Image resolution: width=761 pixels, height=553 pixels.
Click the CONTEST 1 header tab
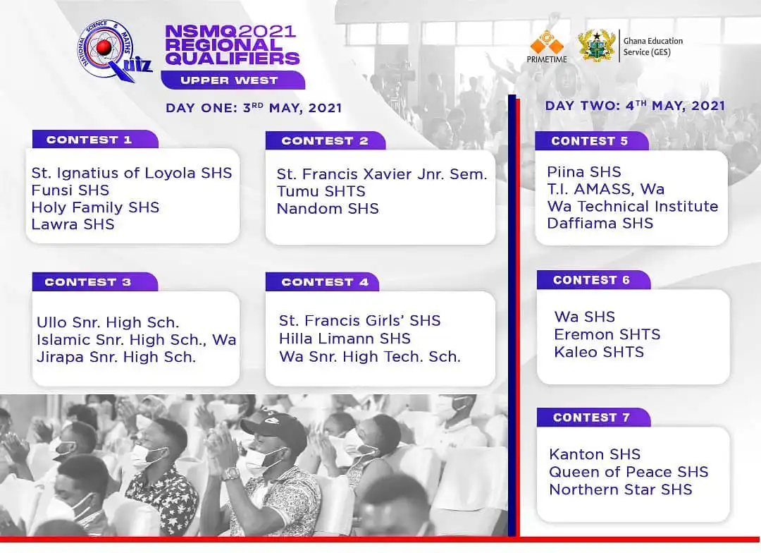point(89,140)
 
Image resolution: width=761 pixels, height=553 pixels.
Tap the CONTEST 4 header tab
point(325,282)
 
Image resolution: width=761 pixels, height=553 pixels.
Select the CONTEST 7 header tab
point(591,418)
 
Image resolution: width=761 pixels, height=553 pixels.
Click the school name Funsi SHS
point(70,190)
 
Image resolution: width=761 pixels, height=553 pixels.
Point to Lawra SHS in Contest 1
point(73,225)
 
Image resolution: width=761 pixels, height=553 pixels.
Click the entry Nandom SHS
point(328,209)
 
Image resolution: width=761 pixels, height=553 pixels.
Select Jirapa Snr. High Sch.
point(116,358)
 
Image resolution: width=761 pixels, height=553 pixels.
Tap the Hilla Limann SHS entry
point(345,339)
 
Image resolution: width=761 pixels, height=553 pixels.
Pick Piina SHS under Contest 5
point(584,172)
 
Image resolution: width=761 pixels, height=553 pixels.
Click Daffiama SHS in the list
point(600,224)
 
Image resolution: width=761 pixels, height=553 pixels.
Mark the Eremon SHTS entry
point(607,334)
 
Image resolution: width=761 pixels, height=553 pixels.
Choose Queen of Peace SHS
point(629,472)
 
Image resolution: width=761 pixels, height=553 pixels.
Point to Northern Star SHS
point(621,490)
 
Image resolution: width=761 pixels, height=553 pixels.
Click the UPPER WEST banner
point(229,80)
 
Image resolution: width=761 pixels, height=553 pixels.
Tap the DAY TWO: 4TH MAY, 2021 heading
point(635,106)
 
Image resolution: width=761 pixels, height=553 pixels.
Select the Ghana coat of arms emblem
point(596,46)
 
